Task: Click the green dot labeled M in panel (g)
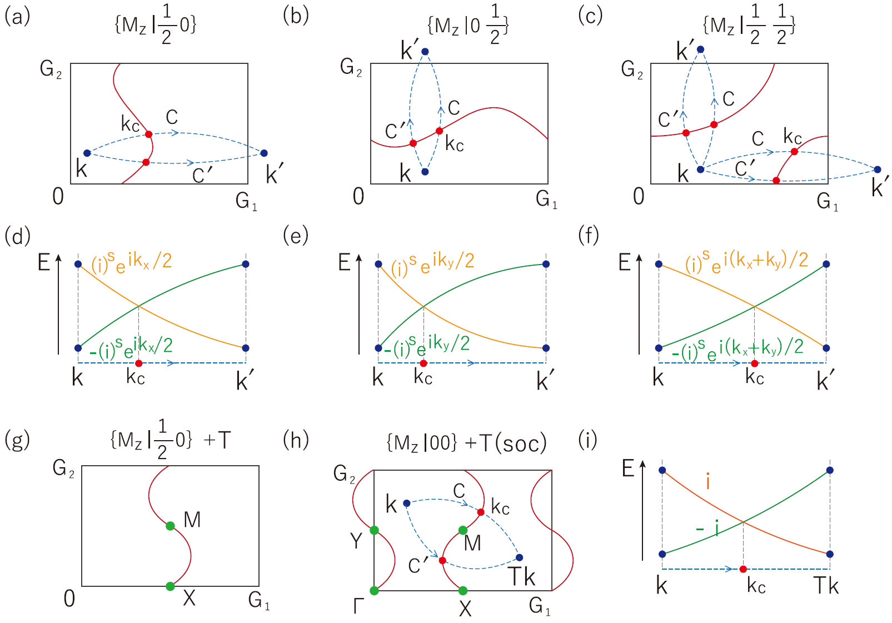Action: [170, 526]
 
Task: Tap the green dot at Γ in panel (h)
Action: [374, 591]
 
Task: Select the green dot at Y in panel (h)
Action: [374, 530]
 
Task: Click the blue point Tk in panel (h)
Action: [519, 557]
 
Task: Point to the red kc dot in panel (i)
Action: [743, 569]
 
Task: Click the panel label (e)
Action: [295, 236]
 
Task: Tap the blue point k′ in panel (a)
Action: [264, 153]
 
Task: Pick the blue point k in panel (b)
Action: [425, 172]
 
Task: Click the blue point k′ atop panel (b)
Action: [425, 52]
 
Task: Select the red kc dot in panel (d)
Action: [138, 363]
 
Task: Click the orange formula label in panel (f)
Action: [746, 261]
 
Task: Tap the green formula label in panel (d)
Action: [131, 347]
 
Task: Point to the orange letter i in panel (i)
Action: [707, 481]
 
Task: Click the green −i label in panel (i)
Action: [707, 529]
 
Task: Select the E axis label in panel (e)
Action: [345, 262]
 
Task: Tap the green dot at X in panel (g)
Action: [170, 586]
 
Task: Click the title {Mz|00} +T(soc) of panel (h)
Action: [466, 443]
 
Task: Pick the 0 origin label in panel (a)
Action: [58, 196]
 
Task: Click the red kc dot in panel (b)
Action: [439, 131]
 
